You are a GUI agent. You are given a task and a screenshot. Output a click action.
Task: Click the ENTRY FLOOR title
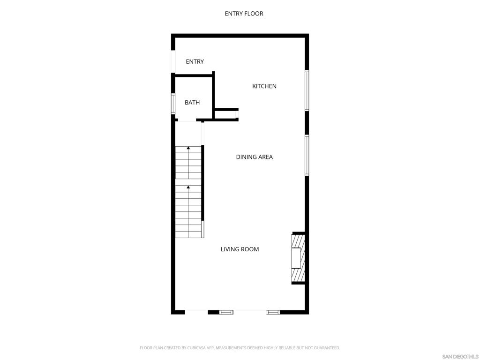coord(244,14)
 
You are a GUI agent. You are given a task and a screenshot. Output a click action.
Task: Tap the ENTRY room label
coord(195,62)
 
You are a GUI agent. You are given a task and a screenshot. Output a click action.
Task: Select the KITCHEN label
coord(264,86)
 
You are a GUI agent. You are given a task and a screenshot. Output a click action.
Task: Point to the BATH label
coord(192,103)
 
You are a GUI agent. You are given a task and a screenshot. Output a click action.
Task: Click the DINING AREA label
coord(254,157)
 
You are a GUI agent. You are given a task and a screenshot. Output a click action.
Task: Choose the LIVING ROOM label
coord(240,249)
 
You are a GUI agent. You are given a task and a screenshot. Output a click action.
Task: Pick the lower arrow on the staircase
coord(188,188)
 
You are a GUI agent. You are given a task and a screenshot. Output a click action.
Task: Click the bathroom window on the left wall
coord(173,104)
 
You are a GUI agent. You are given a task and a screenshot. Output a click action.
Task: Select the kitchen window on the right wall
coord(307,90)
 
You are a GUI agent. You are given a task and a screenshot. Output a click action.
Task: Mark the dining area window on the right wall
coord(307,155)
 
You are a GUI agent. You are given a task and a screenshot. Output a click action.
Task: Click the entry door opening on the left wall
coord(173,61)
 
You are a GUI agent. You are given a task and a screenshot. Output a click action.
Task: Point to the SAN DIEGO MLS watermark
coord(460,356)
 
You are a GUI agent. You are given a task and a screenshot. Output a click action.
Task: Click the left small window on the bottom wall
coord(226,312)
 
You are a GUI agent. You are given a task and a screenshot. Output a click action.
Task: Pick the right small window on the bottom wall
coord(273,312)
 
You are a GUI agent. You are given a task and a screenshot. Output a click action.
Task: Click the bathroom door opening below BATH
coord(188,120)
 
